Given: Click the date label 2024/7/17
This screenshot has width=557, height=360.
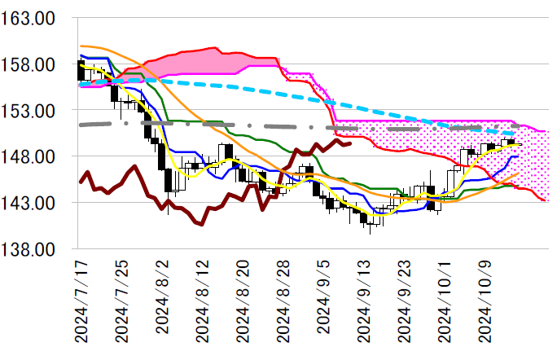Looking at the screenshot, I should tap(80, 302).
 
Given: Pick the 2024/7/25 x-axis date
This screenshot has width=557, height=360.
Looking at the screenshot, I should tap(121, 302).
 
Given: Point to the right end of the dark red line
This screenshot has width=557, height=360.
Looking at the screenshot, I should tap(350, 143).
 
